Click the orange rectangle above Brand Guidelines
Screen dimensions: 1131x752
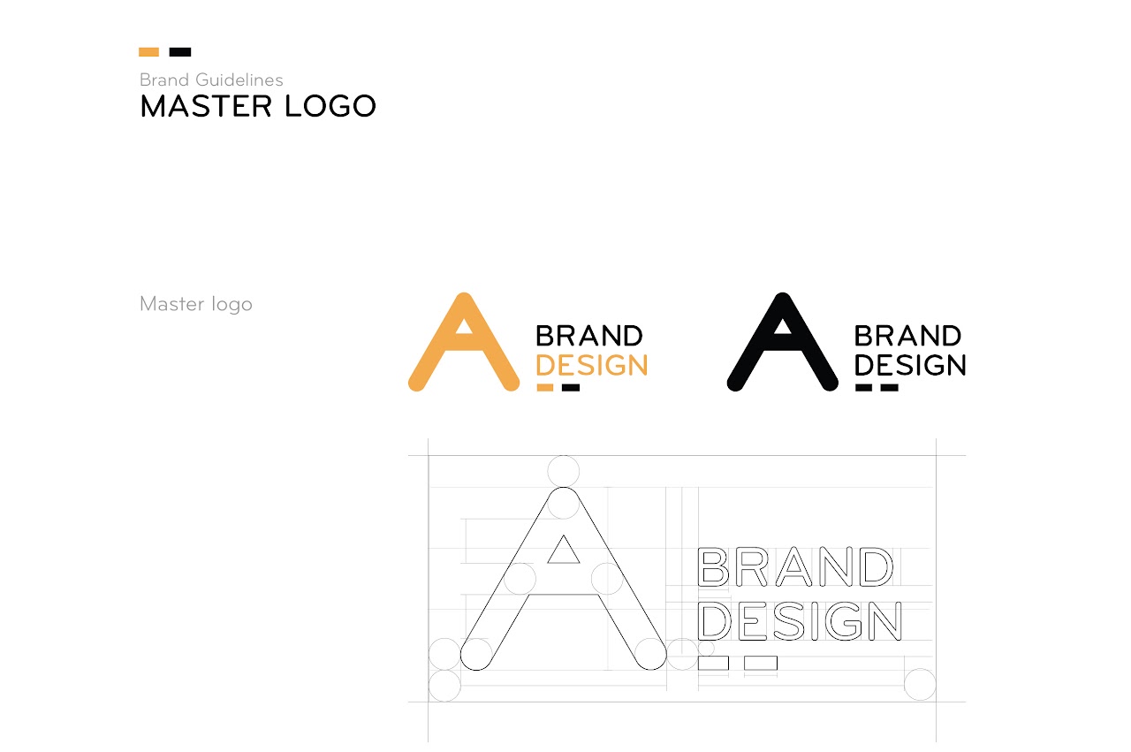(x=149, y=52)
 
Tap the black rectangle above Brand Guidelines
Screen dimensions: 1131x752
(x=180, y=52)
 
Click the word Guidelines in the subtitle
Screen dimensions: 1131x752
(x=239, y=80)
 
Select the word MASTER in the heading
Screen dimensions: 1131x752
(x=206, y=106)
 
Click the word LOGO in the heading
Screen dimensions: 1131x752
(x=330, y=106)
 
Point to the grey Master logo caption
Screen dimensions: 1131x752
(x=196, y=304)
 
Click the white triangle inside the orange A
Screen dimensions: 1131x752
(x=464, y=326)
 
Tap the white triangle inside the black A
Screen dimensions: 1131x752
(x=783, y=326)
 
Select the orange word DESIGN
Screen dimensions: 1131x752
(x=592, y=365)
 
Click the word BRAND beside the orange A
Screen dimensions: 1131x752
(x=589, y=336)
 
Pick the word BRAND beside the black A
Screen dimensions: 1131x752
(x=907, y=336)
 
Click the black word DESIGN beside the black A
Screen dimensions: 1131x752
(x=910, y=365)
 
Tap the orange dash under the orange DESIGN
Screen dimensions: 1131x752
(x=545, y=387)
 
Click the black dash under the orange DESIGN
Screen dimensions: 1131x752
(x=571, y=387)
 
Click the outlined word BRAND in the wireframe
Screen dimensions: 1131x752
(x=795, y=566)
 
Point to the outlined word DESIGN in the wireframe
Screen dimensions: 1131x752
(x=800, y=621)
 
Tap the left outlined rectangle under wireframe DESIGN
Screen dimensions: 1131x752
(x=713, y=663)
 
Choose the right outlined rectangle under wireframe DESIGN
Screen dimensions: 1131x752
(x=761, y=663)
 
